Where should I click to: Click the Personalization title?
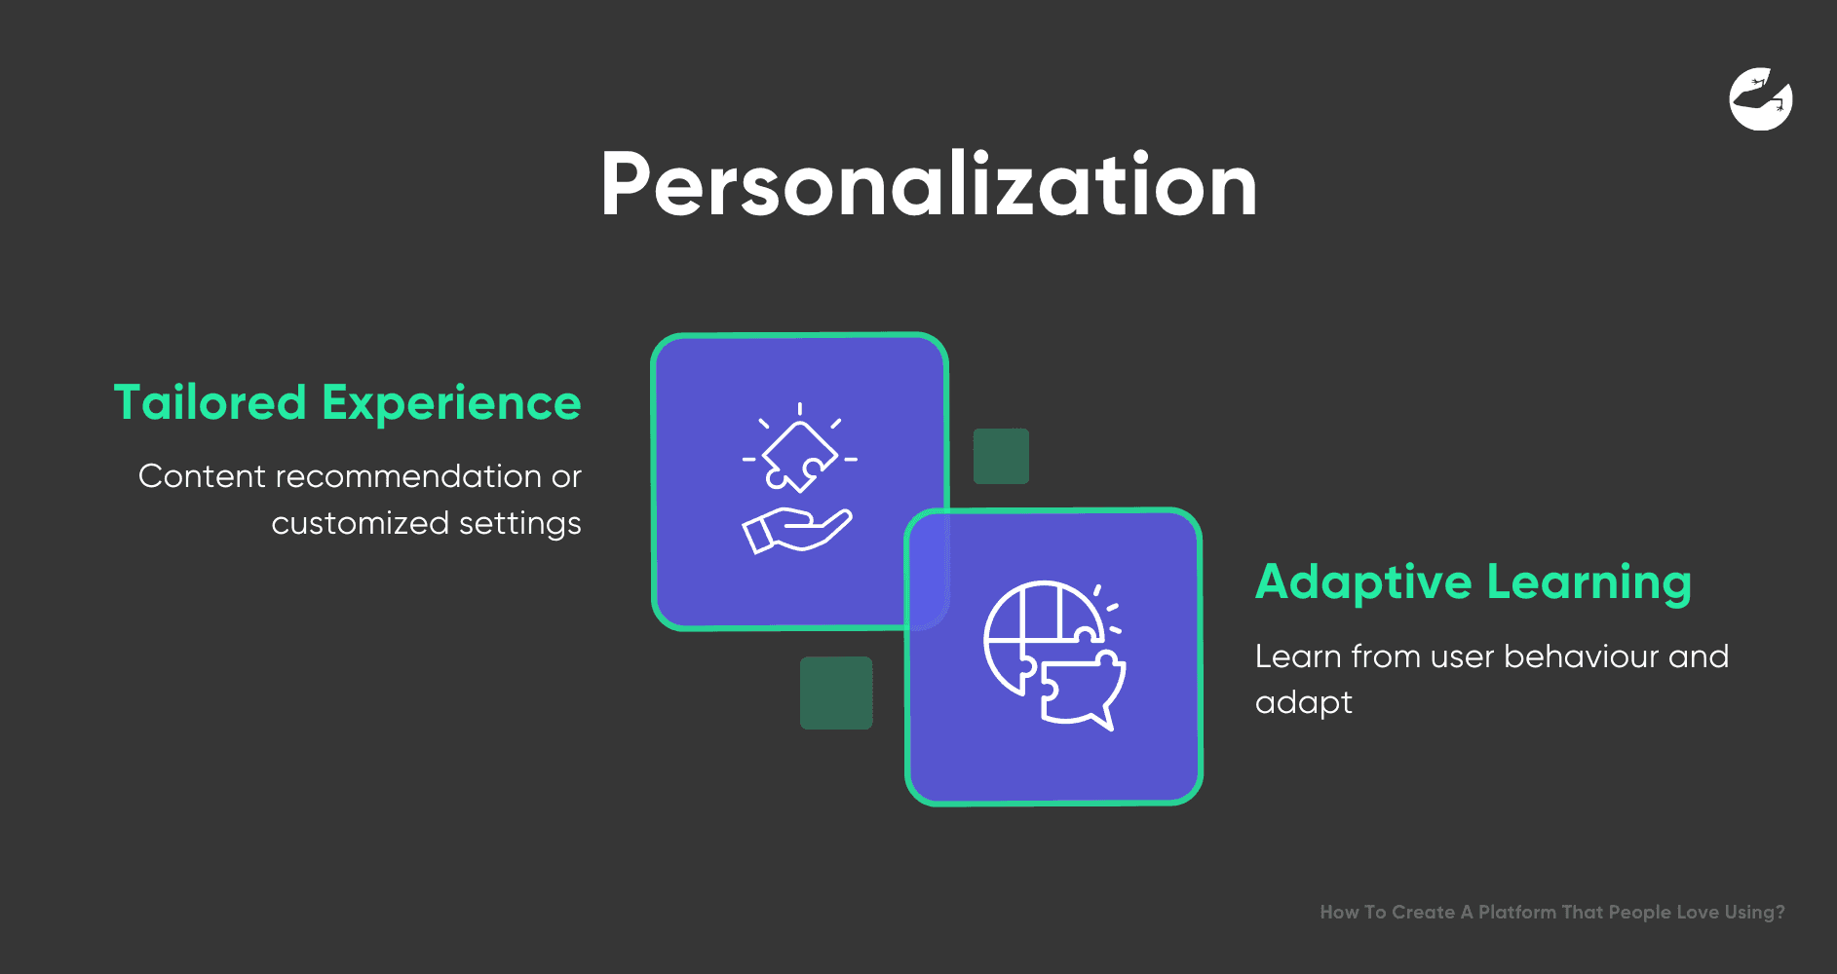point(929,185)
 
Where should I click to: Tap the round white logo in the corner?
point(1761,98)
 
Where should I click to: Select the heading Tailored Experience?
point(347,403)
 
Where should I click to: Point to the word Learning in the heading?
point(1589,582)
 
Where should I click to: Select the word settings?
point(519,524)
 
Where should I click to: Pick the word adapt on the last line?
point(1304,703)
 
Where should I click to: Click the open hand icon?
point(797,531)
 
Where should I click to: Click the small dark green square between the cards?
point(1001,456)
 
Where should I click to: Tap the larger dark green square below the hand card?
point(836,693)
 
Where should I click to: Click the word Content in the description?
point(202,476)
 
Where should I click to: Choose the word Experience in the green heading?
point(451,403)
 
